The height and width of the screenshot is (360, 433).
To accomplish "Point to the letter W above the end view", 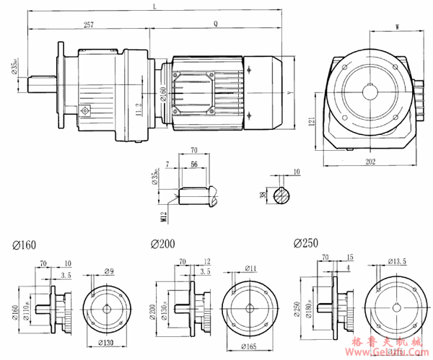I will click(398, 27).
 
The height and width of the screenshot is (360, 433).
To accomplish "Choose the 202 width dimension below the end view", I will click(369, 162).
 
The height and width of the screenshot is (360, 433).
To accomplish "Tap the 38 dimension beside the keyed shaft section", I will click(263, 194).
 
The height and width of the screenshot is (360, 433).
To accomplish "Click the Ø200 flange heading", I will click(162, 244).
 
